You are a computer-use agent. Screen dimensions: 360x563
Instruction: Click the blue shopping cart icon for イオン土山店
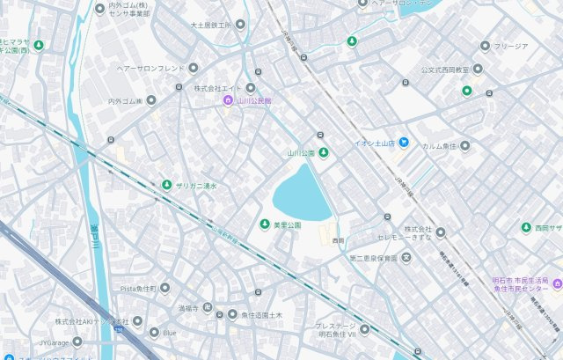(x=403, y=142)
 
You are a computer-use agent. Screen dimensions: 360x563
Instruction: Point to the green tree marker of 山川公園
(x=323, y=153)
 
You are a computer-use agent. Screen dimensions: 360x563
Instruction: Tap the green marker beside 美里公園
(x=264, y=224)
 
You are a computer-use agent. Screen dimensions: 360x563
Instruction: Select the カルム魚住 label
(x=439, y=146)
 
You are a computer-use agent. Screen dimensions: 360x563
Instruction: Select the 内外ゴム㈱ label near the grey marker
(x=126, y=101)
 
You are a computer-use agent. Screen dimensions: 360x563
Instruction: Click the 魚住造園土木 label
(x=261, y=314)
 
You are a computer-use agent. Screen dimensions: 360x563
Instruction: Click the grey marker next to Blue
(x=154, y=333)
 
